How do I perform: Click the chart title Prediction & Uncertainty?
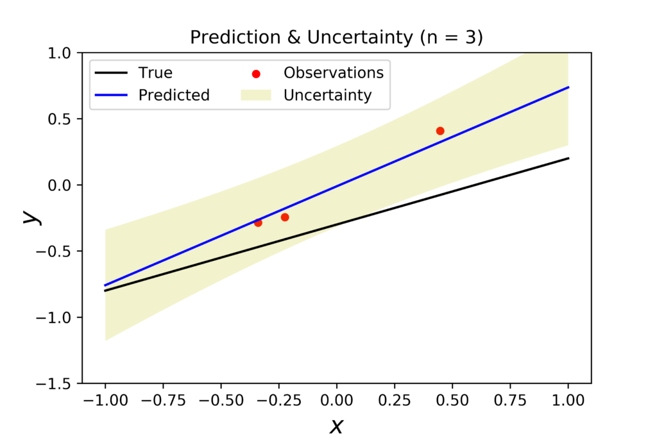point(336,38)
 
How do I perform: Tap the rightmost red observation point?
point(440,131)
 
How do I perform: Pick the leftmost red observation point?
point(258,223)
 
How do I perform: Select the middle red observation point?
point(285,217)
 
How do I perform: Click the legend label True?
point(155,73)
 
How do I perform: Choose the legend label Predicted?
point(174,96)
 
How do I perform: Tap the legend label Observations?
point(334,73)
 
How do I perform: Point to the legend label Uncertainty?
point(327,96)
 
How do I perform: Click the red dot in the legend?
point(256,74)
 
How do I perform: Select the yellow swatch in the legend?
point(256,96)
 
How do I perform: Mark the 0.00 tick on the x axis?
point(337,400)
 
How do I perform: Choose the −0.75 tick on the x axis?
point(162,400)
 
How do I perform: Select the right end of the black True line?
point(568,158)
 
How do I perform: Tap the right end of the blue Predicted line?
point(568,87)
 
